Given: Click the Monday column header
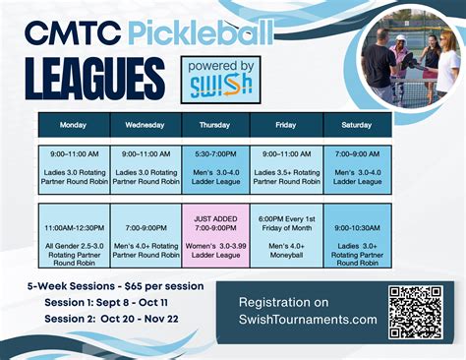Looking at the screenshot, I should pos(74,125).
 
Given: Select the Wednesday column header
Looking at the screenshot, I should pos(145,125).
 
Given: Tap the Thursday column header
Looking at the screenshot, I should pos(214,125).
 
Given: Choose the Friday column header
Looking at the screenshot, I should pos(285,125).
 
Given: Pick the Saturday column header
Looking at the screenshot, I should pos(356,125).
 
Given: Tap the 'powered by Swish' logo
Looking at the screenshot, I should pos(216,80).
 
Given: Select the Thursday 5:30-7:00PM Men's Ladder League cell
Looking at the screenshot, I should pos(214,168).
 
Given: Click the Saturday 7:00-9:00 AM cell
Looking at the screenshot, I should pos(356,168).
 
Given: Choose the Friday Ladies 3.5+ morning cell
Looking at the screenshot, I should pos(285,168).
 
